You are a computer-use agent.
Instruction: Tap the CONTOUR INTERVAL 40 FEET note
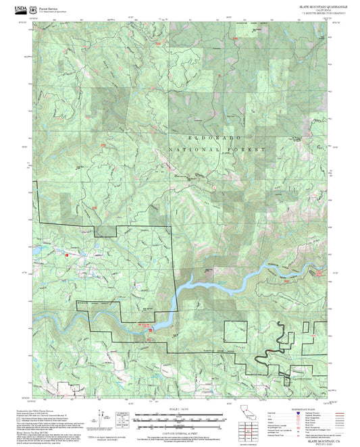point(179,430)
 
